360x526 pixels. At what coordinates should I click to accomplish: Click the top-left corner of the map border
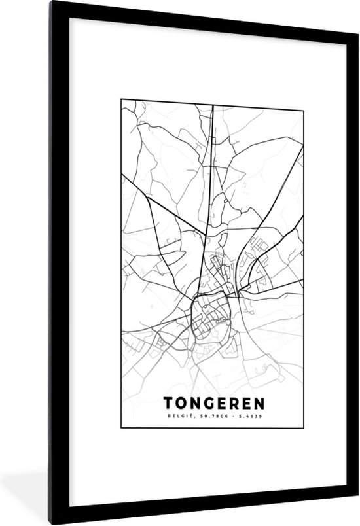121,99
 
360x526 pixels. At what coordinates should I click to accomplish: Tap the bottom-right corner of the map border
303,427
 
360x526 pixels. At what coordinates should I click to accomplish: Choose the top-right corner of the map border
303,99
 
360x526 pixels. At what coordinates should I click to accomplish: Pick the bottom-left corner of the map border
121,427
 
